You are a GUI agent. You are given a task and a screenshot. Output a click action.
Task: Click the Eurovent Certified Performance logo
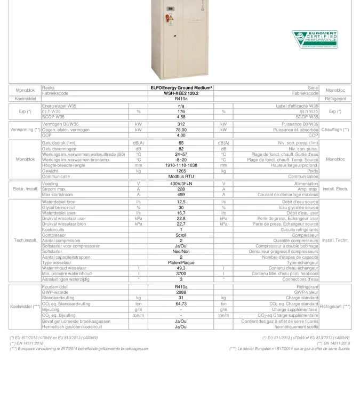pyautogui.click(x=314, y=39)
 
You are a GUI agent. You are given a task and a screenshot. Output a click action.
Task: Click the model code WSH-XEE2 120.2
pyautogui.click(x=181, y=93)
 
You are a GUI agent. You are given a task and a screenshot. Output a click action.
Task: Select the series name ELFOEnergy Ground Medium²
pyautogui.click(x=181, y=88)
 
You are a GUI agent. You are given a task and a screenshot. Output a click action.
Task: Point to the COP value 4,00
pyautogui.click(x=181, y=135)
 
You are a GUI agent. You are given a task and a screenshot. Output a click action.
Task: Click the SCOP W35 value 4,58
pyautogui.click(x=181, y=117)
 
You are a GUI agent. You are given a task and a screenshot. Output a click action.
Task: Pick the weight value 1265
pyautogui.click(x=181, y=171)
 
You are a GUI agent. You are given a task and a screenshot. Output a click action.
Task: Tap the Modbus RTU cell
pyautogui.click(x=181, y=176)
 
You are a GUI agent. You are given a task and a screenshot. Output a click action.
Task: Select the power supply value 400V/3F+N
pyautogui.click(x=181, y=183)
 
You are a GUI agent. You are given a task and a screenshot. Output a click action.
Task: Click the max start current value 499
pyautogui.click(x=181, y=194)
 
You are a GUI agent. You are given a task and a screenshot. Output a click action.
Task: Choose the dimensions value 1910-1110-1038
pyautogui.click(x=181, y=165)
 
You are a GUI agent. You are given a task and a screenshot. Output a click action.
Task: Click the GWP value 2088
pyautogui.click(x=181, y=292)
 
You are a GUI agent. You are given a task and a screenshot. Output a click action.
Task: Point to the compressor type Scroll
pyautogui.click(x=181, y=235)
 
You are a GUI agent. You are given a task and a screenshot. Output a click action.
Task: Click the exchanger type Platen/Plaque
pyautogui.click(x=181, y=262)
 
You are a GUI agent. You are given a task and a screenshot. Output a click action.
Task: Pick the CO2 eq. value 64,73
pyautogui.click(x=181, y=303)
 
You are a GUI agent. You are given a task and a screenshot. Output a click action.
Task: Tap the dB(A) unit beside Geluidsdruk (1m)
pyautogui.click(x=138, y=143)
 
